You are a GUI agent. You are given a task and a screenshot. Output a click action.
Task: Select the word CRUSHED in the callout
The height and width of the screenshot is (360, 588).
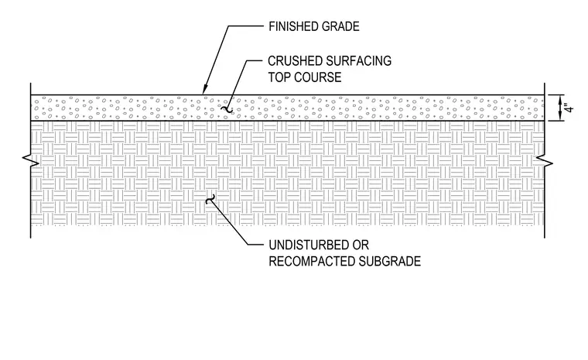(x=295, y=61)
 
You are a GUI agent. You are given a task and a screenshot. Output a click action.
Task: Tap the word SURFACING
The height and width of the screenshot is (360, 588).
(x=359, y=61)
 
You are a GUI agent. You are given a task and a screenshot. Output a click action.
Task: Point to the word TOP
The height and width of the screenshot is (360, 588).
(x=279, y=77)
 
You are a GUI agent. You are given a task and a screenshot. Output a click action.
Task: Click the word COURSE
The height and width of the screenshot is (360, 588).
(x=318, y=77)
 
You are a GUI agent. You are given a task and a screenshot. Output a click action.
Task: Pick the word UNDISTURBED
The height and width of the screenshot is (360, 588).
(x=309, y=245)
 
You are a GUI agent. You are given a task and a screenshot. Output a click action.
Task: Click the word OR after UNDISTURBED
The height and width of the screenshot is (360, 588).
(x=361, y=245)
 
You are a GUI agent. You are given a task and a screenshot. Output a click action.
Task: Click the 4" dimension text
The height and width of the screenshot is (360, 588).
(x=570, y=108)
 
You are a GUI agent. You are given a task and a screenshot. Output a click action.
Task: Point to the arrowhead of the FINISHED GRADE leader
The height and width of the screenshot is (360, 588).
(x=203, y=91)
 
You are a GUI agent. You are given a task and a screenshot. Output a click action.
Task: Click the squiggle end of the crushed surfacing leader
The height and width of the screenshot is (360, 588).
(x=227, y=110)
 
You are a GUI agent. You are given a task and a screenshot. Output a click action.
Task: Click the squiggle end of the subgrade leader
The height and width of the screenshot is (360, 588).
(x=210, y=199)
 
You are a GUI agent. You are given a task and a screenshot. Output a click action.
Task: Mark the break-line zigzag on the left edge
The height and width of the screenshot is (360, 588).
(x=31, y=160)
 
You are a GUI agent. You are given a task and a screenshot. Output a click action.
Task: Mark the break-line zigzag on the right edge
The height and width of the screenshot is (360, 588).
(x=545, y=160)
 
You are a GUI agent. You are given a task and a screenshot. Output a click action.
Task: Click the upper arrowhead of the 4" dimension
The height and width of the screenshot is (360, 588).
(x=559, y=98)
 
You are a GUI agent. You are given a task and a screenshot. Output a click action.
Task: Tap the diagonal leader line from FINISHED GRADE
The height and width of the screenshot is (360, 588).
(x=216, y=60)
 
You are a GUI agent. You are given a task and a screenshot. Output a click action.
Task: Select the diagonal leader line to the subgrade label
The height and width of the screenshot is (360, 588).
(x=229, y=222)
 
